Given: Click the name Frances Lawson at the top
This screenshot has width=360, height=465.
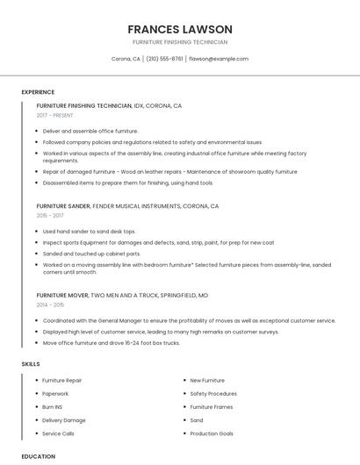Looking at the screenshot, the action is [180, 29].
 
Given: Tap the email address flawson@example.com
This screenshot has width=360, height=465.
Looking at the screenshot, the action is [219, 59].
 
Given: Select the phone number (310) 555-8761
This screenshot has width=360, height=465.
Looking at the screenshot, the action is [164, 59].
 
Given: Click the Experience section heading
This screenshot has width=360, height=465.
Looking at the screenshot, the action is [38, 92].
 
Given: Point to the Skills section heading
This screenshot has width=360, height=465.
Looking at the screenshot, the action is [31, 363].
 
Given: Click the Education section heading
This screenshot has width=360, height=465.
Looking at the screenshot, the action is [39, 456].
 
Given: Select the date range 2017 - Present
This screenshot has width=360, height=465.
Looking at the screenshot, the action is [55, 115].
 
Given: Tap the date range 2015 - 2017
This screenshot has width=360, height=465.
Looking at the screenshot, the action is [50, 215].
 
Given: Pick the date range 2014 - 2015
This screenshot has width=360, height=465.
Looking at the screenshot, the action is [50, 304].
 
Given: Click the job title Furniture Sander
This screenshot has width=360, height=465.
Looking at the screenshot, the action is [64, 206].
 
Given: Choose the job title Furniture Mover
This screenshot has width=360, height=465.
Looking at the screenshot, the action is [61, 296].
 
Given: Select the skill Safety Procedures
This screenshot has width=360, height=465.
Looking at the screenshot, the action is [213, 394].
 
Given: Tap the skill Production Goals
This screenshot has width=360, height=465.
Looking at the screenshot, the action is [212, 433].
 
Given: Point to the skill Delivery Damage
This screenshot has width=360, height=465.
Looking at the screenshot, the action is [64, 420].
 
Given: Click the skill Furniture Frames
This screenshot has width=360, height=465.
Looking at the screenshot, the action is [212, 407].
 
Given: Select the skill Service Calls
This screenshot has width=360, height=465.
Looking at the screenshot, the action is [58, 433].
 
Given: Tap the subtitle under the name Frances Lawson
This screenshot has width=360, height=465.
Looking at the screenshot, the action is [180, 42].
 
